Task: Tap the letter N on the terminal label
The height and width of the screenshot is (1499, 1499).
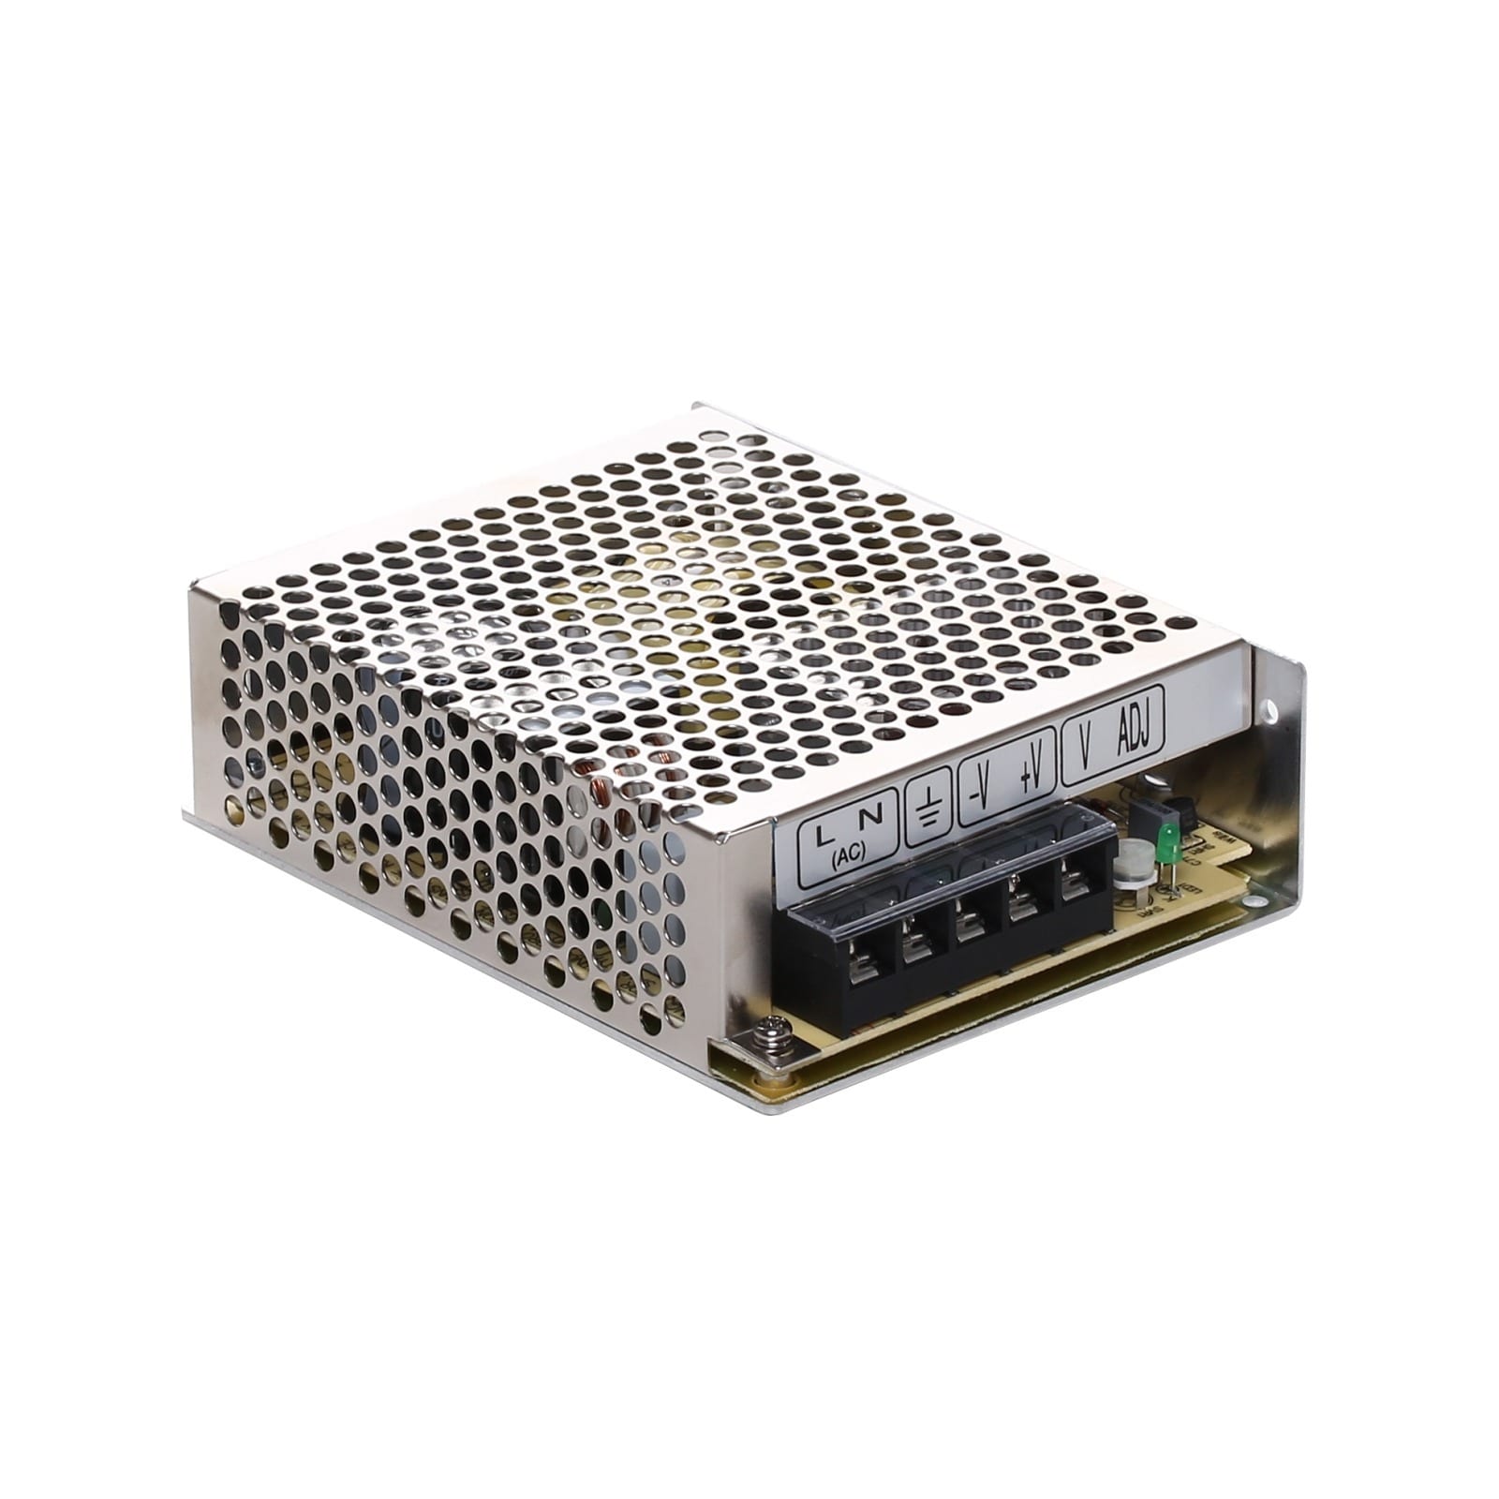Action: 870,817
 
